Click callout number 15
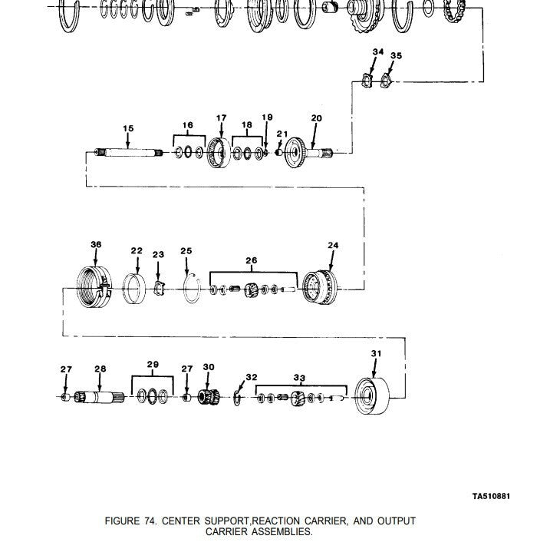point(128,128)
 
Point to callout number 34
point(377,51)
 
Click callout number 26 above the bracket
point(252,261)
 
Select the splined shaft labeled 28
point(101,398)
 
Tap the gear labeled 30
point(206,398)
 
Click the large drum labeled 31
point(374,395)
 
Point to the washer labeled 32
point(238,398)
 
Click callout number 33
point(299,377)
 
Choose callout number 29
point(153,364)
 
